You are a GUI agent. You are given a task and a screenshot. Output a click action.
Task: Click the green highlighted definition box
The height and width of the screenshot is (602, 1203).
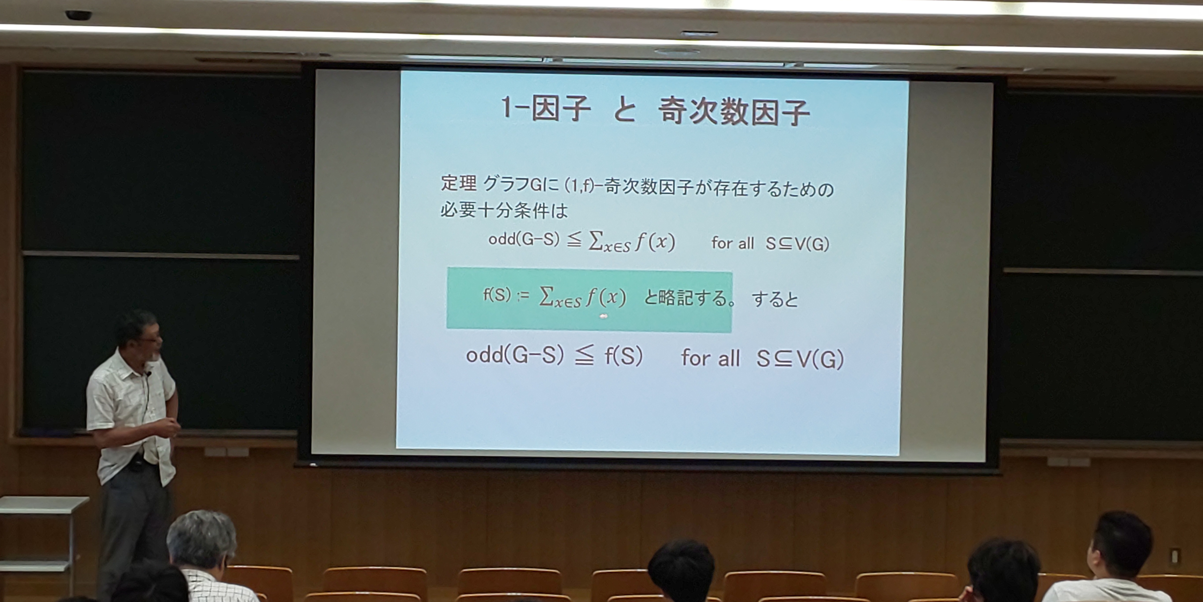pyautogui.click(x=589, y=300)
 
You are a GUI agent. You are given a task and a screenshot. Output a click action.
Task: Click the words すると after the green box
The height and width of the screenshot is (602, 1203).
pyautogui.click(x=775, y=299)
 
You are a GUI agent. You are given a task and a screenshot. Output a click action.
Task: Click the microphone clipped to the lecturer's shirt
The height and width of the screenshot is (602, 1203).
pyautogui.click(x=148, y=374)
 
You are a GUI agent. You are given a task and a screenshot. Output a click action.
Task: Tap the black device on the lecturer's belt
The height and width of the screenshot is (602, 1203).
pyautogui.click(x=136, y=463)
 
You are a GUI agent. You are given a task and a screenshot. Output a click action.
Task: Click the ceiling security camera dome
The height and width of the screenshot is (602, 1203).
pyautogui.click(x=78, y=15)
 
